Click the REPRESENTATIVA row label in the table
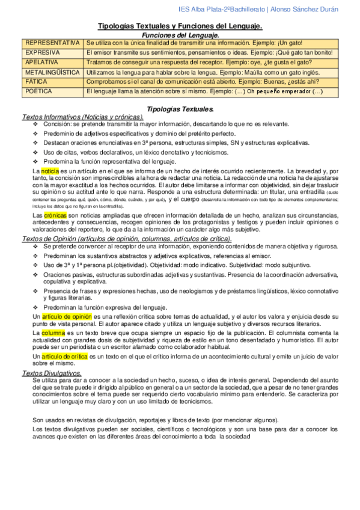[51, 43]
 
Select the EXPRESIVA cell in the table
[41, 53]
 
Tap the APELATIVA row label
[41, 63]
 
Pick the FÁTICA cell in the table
[35, 82]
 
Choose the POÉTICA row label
[37, 91]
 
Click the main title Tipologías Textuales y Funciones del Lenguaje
[180, 26]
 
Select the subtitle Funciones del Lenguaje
[180, 35]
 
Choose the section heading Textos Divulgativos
[54, 373]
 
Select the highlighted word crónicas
[55, 215]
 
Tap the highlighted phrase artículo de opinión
[67, 315]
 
